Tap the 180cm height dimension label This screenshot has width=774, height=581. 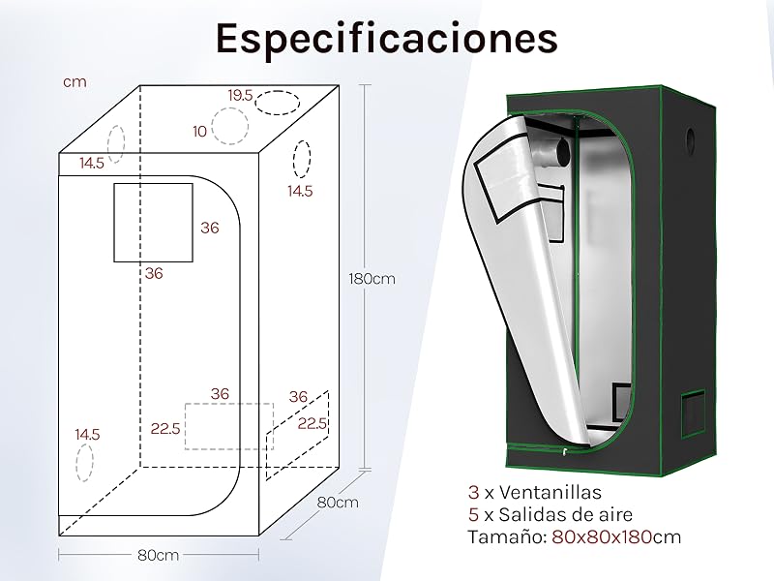click(372, 279)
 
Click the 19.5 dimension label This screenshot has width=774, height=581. click(240, 95)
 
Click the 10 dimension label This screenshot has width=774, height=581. click(199, 132)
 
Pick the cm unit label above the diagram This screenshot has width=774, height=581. click(75, 82)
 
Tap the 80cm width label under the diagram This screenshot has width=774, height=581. click(158, 555)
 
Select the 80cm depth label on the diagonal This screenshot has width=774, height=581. click(338, 503)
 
